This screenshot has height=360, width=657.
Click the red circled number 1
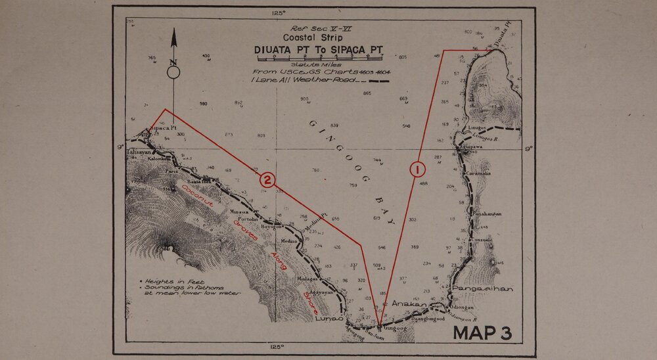point(417,169)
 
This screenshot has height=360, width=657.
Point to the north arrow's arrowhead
point(174,36)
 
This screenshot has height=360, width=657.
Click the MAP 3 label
point(482,333)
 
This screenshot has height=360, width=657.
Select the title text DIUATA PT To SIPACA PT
point(318,50)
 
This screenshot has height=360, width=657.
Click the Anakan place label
point(409,304)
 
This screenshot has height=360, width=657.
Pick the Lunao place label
point(328,319)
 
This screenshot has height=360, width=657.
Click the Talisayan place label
point(138,151)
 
